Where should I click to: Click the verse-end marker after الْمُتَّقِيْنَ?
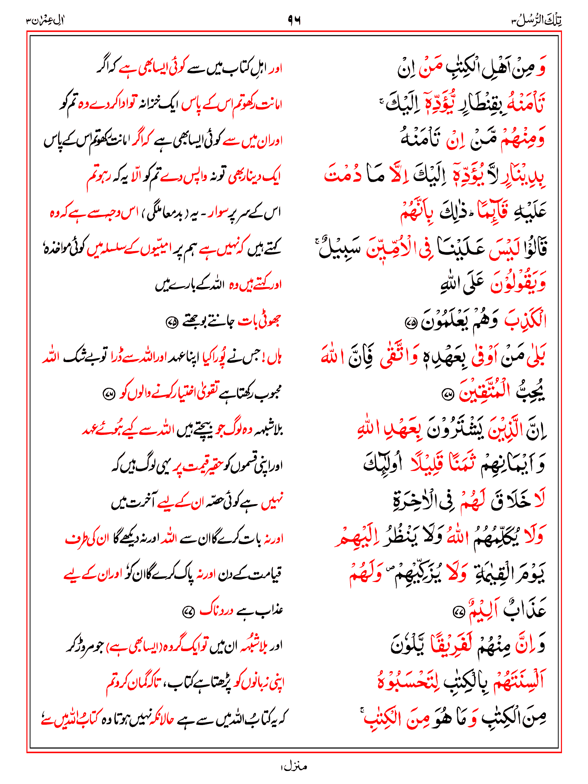(x=447, y=394)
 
